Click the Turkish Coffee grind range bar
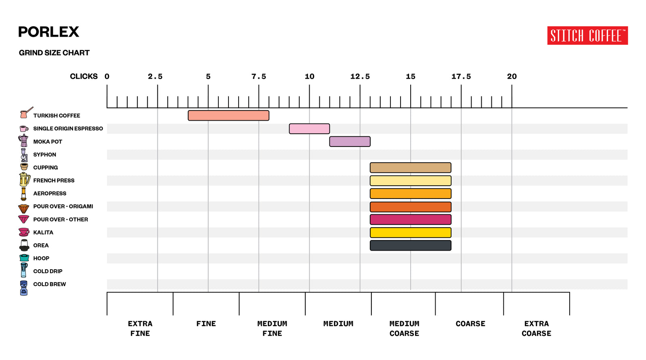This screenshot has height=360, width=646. pyautogui.click(x=229, y=115)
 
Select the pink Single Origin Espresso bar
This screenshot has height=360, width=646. pyautogui.click(x=309, y=129)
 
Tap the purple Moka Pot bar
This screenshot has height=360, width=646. pyautogui.click(x=350, y=142)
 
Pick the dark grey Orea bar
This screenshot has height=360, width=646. pyautogui.click(x=410, y=245)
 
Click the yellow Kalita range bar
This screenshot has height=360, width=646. pyautogui.click(x=410, y=232)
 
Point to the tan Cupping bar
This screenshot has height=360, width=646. pyautogui.click(x=410, y=167)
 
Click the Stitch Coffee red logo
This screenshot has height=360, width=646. pyautogui.click(x=587, y=36)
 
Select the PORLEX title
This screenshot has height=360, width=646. pyautogui.click(x=48, y=32)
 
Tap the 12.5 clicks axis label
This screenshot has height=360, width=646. pyautogui.click(x=360, y=76)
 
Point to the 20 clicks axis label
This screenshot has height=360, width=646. pyautogui.click(x=512, y=76)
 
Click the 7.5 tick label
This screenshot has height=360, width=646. pyautogui.click(x=258, y=76)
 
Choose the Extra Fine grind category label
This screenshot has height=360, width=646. pyautogui.click(x=140, y=328)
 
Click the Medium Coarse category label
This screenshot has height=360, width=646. pyautogui.click(x=404, y=328)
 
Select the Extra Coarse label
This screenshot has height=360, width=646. pyautogui.click(x=536, y=328)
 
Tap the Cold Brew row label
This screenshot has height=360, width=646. pyautogui.click(x=49, y=284)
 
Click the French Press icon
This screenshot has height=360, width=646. pyautogui.click(x=24, y=179)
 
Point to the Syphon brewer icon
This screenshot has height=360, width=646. pyautogui.click(x=24, y=155)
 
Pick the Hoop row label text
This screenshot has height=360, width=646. pyautogui.click(x=41, y=258)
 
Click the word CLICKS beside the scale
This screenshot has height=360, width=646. pyautogui.click(x=84, y=76)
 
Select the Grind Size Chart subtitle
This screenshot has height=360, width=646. pyautogui.click(x=54, y=53)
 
